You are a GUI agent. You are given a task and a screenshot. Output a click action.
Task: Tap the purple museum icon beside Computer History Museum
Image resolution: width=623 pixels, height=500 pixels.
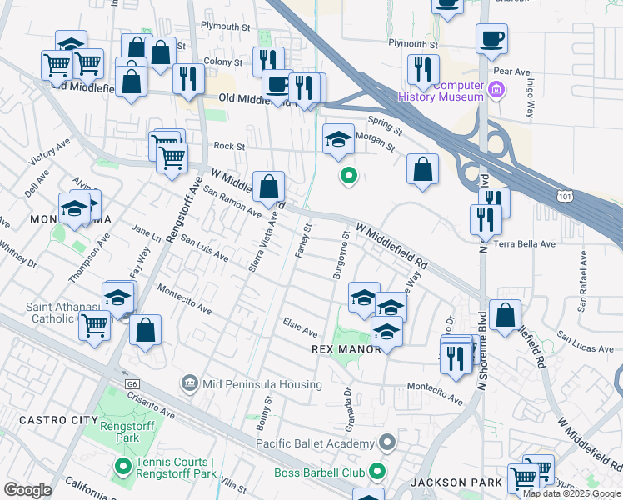[x=496, y=89]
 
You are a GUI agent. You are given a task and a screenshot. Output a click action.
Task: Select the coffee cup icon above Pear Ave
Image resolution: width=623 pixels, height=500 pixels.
[x=491, y=38]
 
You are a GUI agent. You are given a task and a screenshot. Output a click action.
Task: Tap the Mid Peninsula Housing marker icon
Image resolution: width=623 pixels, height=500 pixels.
[x=190, y=384]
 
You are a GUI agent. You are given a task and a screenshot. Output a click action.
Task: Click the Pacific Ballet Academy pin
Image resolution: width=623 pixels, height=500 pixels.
[x=386, y=442]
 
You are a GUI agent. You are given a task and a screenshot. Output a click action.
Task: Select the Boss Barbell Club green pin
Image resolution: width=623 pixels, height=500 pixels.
[x=377, y=472]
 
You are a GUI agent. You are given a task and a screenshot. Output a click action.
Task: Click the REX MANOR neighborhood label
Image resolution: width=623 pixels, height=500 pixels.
[x=346, y=348]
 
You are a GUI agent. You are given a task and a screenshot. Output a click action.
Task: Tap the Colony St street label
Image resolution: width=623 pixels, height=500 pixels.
[x=222, y=61]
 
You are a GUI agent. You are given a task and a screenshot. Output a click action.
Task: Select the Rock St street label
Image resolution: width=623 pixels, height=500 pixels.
[x=228, y=146]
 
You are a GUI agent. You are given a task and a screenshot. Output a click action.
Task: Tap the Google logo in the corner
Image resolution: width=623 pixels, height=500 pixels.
[x=27, y=490]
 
